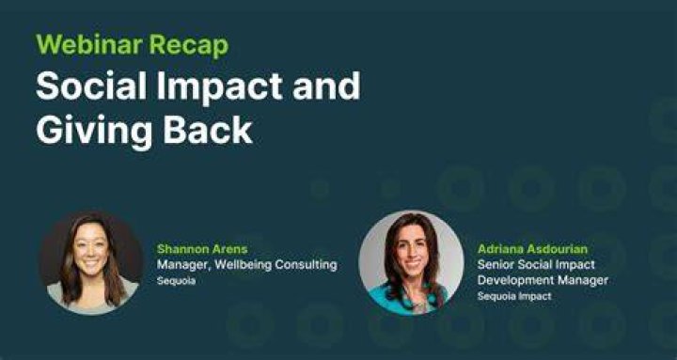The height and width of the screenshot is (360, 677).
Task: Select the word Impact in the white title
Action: [220, 86]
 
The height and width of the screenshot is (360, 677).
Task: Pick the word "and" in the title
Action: [326, 86]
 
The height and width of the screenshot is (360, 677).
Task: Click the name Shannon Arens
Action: [202, 249]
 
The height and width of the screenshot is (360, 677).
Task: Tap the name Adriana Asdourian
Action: [532, 249]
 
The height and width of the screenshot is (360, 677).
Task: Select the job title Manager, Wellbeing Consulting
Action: [247, 265]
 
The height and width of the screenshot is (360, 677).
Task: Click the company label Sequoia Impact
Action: [514, 296]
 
